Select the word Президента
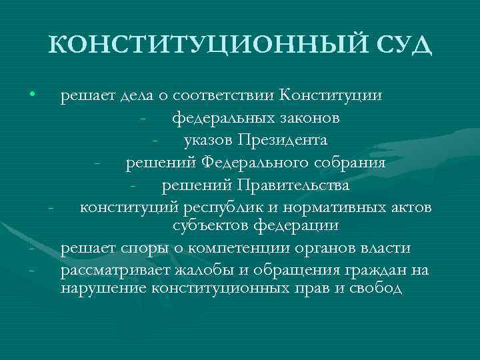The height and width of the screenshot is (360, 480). [x=288, y=141]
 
